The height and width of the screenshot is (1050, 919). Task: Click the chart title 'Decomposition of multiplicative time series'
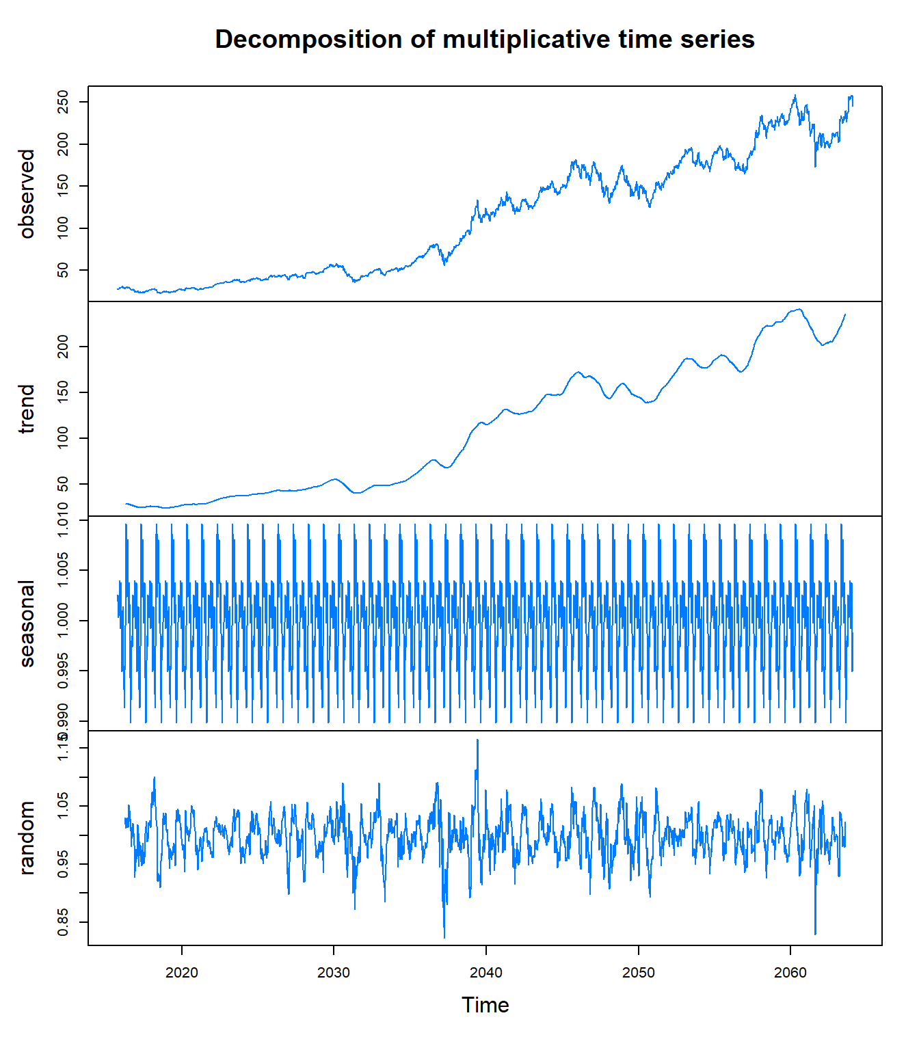(x=485, y=40)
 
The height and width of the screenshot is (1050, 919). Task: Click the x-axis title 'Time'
(x=485, y=1005)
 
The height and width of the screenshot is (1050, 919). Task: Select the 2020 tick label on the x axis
(x=182, y=973)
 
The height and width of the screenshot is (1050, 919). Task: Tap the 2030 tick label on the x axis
(x=334, y=973)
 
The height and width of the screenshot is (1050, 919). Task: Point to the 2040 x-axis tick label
(x=486, y=973)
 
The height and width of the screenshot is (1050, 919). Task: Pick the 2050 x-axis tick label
(x=639, y=973)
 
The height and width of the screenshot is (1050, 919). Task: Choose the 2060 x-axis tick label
(x=790, y=973)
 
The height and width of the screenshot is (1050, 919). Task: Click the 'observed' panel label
(x=27, y=193)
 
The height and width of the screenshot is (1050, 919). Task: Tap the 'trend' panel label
(x=27, y=409)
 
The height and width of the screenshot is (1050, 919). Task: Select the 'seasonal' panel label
(x=27, y=623)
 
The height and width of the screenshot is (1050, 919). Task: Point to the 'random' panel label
(x=27, y=838)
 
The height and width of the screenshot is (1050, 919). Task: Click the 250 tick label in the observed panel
(x=63, y=103)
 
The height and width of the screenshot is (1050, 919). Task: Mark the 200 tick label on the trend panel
(x=63, y=347)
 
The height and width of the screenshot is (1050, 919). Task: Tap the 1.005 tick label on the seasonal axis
(x=63, y=570)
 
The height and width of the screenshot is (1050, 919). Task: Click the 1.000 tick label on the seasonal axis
(x=63, y=621)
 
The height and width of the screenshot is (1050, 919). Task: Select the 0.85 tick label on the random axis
(x=63, y=922)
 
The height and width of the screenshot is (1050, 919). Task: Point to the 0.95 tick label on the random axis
(x=63, y=864)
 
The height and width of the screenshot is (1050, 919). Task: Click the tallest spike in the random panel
(x=477, y=740)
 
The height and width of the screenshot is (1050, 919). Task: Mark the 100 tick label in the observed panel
(x=63, y=228)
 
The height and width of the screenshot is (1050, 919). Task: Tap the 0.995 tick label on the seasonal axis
(x=63, y=671)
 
